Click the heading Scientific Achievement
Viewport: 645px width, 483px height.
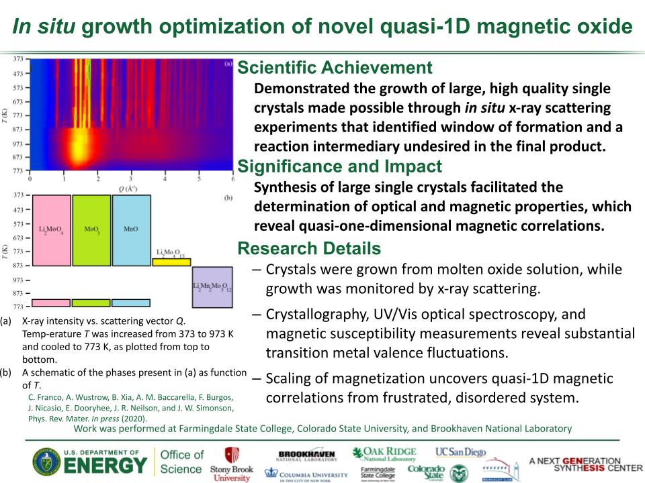335,68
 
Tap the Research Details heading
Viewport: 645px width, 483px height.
309,249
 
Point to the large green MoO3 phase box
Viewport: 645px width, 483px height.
91,229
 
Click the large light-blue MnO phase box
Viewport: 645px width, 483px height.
131,229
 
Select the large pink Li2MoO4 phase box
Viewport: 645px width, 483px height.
50,229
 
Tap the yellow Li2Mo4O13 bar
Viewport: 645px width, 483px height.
171,262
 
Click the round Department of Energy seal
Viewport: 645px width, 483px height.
45,462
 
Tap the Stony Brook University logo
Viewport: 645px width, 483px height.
232,464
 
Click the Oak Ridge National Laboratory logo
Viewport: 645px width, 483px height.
384,453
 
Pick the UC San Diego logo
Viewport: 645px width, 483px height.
460,452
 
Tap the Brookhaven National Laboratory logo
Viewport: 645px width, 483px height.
306,455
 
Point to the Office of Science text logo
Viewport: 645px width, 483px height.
181,462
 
